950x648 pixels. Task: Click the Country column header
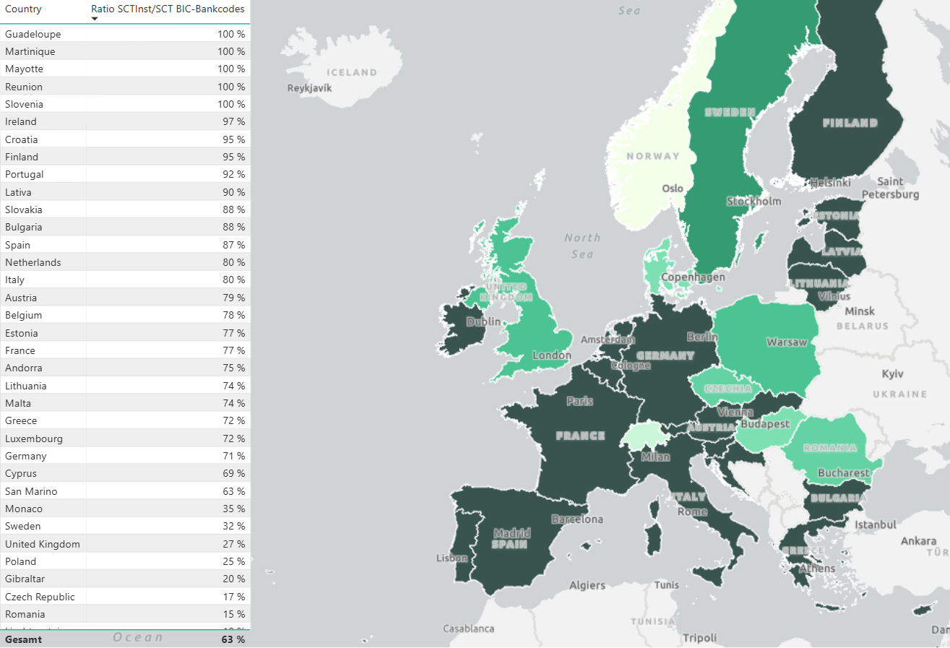[23, 9]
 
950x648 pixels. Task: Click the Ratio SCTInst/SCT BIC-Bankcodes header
[168, 9]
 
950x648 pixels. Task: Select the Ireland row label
[21, 121]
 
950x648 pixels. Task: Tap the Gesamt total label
[24, 639]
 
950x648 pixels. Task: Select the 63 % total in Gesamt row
[233, 639]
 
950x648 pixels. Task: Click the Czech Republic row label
[40, 597]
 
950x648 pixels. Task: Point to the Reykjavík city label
[309, 88]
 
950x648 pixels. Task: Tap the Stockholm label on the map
[753, 201]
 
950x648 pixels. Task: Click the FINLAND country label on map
[850, 123]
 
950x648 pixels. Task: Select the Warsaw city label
[787, 342]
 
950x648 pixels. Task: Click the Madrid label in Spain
[511, 533]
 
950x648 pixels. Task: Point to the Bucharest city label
[843, 473]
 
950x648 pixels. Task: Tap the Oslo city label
[673, 188]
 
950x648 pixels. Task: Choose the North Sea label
[582, 246]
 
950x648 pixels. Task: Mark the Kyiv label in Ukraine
[893, 373]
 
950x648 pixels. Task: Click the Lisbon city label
[452, 558]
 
